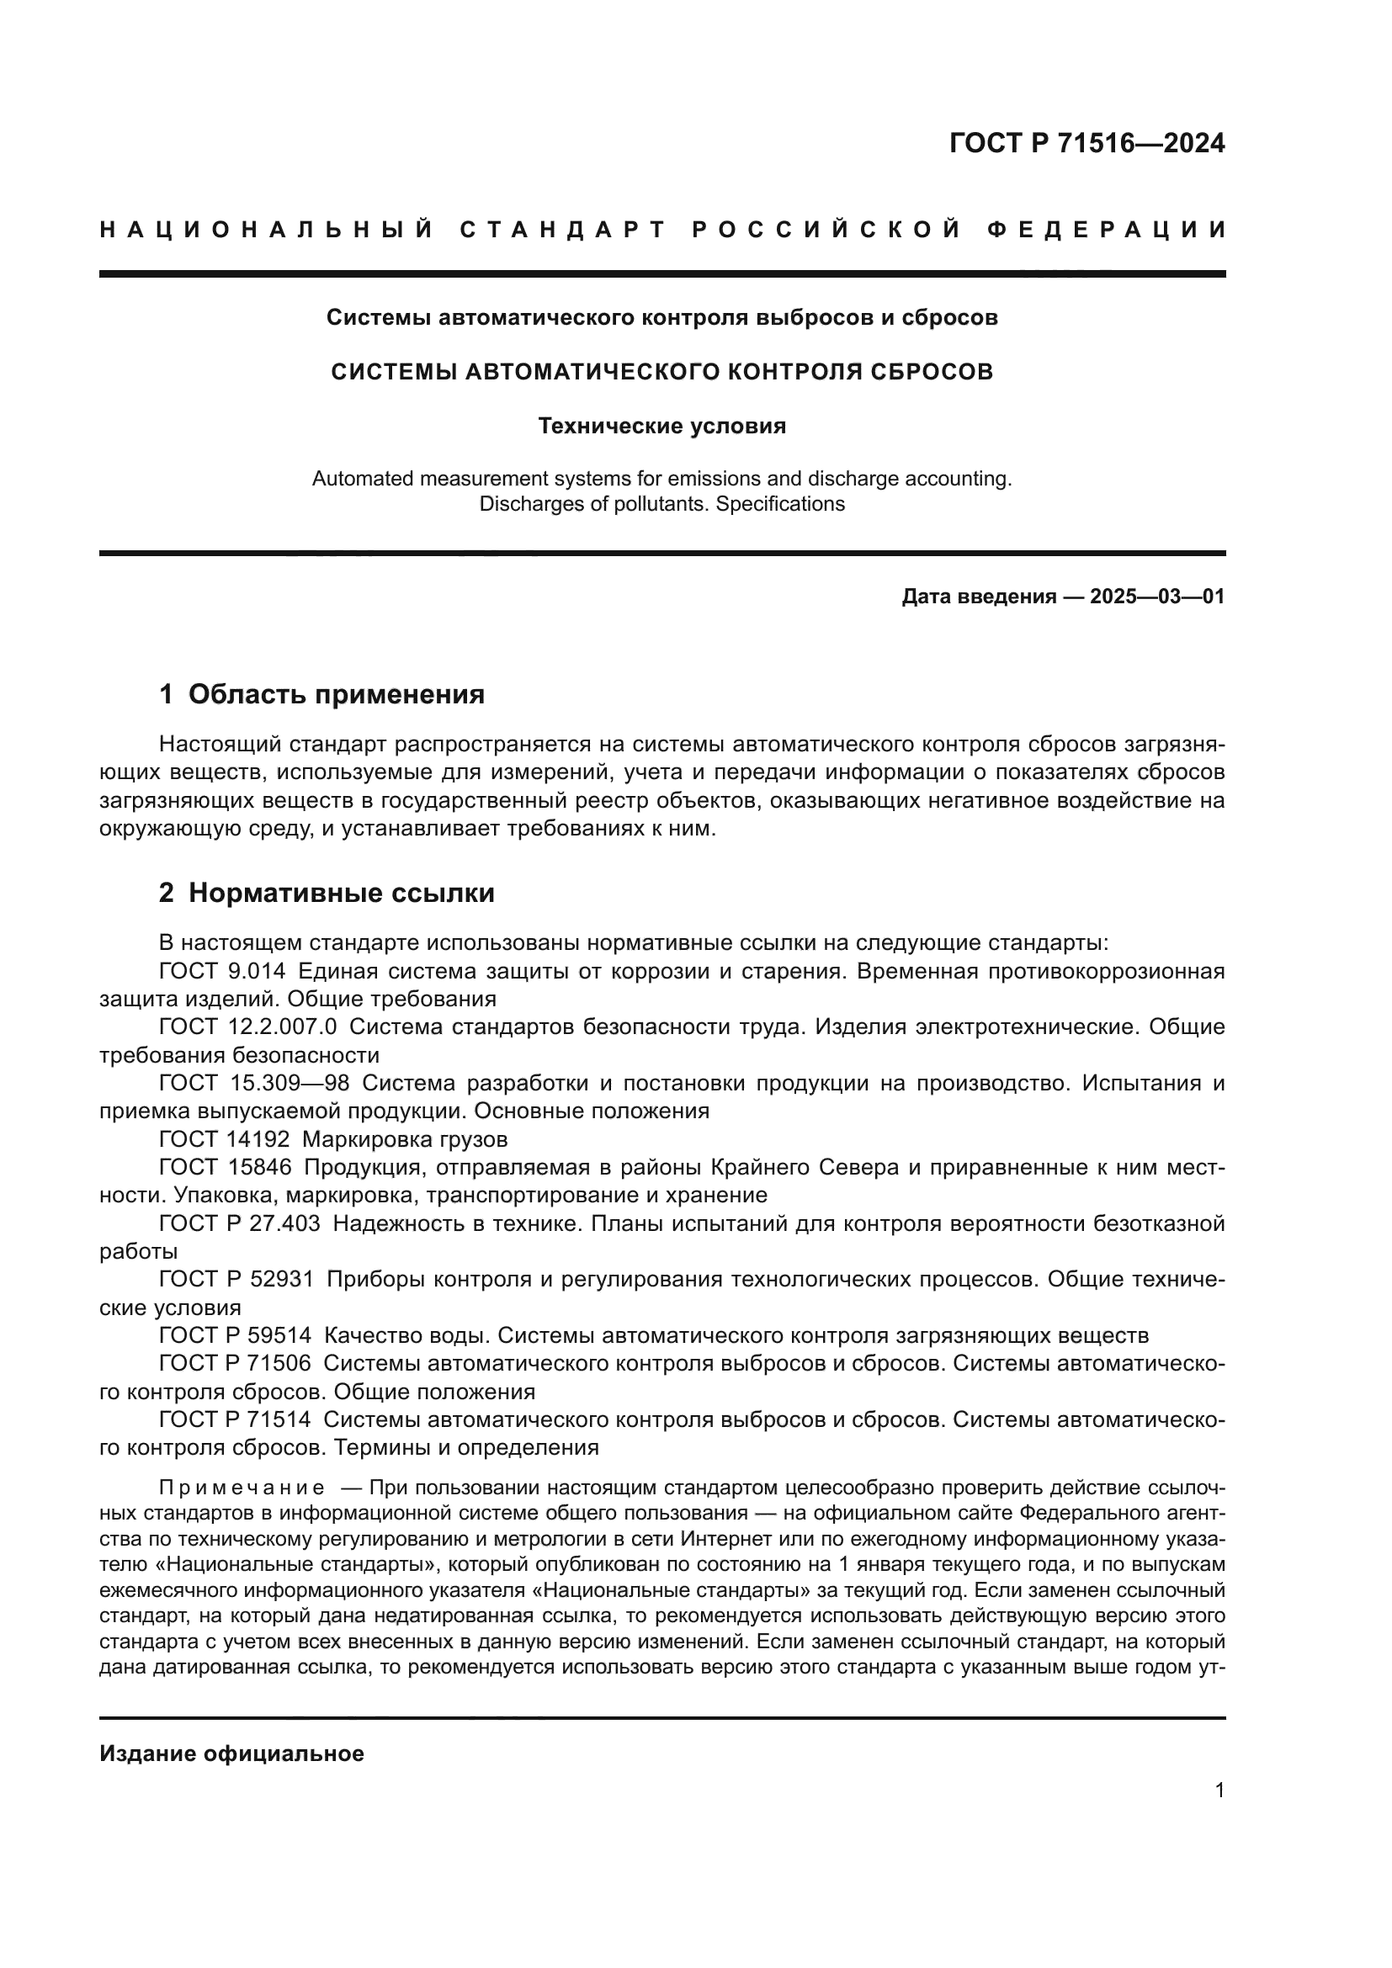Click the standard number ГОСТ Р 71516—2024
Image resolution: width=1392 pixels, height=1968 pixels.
click(1087, 143)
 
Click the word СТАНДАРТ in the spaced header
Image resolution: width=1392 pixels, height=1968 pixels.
click(563, 230)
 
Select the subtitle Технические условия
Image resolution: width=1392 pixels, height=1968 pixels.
click(661, 426)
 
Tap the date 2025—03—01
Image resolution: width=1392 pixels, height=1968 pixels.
click(1157, 597)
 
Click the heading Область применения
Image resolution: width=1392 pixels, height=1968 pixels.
click(336, 694)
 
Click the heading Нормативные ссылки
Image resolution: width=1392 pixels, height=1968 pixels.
click(341, 894)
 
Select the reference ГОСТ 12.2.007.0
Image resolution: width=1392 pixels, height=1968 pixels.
click(247, 1026)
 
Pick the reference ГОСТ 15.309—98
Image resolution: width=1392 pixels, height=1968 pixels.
click(253, 1084)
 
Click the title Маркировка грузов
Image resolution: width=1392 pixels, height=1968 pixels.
click(406, 1139)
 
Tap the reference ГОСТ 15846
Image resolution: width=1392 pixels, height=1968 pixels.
click(226, 1168)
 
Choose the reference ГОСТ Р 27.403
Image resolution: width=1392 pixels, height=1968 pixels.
click(239, 1223)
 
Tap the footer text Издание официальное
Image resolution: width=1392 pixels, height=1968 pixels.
click(231, 1753)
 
